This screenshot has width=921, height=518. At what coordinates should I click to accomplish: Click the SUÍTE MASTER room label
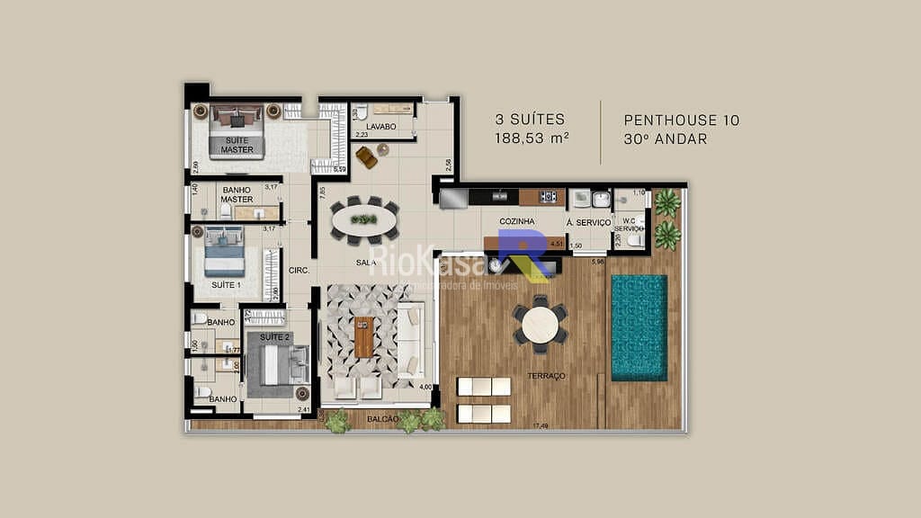click(x=237, y=144)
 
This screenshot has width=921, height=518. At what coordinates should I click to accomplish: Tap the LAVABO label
click(x=381, y=127)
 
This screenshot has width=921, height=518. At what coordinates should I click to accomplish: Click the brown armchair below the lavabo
click(x=366, y=156)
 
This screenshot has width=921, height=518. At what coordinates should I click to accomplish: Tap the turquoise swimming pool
click(x=639, y=327)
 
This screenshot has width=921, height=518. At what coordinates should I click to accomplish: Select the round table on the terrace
click(x=541, y=326)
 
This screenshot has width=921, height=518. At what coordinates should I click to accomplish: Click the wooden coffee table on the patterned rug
click(x=363, y=337)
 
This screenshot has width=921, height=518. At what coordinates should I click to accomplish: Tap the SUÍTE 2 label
click(x=275, y=336)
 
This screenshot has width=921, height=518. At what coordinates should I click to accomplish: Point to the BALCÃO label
click(x=383, y=419)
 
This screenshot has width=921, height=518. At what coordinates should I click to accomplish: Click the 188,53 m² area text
click(x=531, y=138)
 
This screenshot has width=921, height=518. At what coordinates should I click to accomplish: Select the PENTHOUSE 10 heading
click(x=681, y=120)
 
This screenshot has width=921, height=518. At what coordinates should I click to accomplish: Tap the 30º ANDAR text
click(x=665, y=138)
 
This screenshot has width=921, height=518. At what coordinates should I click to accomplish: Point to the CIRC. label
click(x=299, y=270)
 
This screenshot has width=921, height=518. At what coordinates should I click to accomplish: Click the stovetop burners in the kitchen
click(x=547, y=196)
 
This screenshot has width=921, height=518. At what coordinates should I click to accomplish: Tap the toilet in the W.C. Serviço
click(x=635, y=239)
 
